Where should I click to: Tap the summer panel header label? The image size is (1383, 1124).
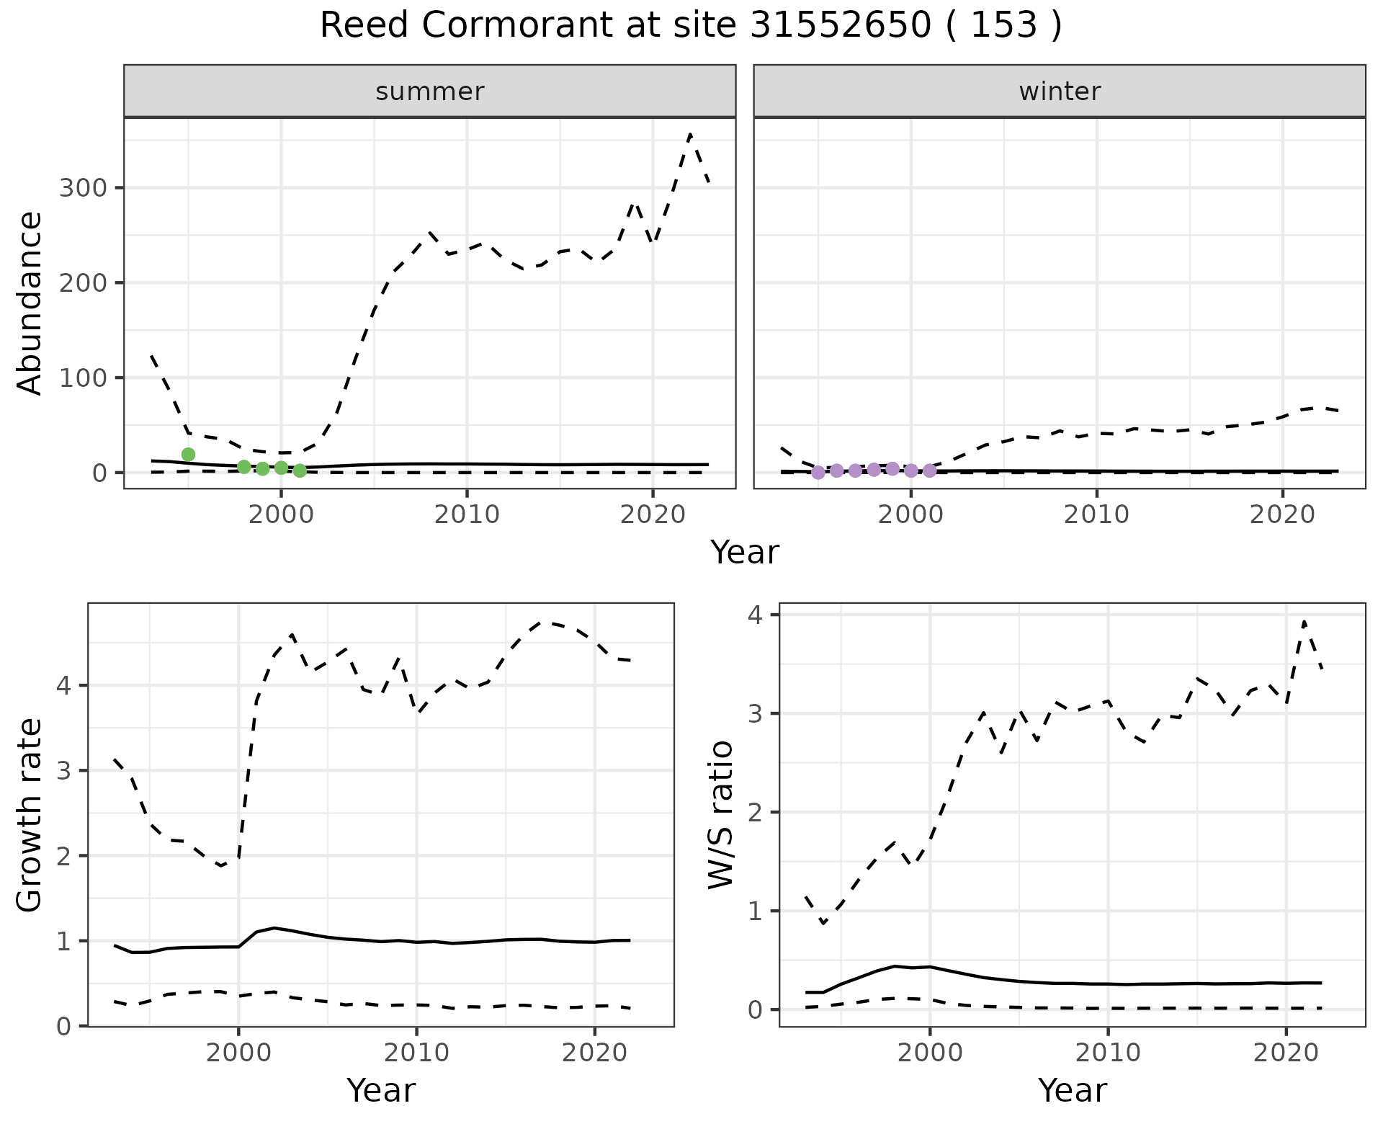click(x=430, y=92)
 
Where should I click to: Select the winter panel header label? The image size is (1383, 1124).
click(x=1060, y=92)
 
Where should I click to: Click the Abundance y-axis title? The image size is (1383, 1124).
click(x=30, y=303)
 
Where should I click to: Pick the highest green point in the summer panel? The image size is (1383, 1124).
click(x=188, y=454)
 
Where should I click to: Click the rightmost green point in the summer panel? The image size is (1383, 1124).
click(x=300, y=470)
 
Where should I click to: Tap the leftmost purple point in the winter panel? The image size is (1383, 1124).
click(x=818, y=473)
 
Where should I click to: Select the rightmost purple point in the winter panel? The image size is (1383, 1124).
click(x=929, y=470)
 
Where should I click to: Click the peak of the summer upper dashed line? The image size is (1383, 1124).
click(x=690, y=135)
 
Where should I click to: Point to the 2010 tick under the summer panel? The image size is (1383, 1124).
click(x=467, y=514)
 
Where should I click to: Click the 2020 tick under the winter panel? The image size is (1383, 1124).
click(x=1282, y=514)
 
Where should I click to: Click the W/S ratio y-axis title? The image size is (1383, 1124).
click(x=720, y=815)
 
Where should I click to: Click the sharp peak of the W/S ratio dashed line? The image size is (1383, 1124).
click(x=1304, y=621)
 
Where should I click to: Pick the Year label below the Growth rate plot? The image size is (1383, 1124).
click(x=381, y=1090)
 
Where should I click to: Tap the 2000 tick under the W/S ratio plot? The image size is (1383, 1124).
click(x=930, y=1053)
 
